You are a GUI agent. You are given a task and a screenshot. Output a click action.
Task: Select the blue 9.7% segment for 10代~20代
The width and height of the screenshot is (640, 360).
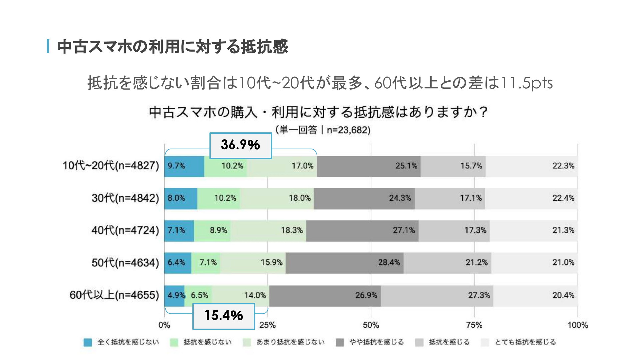[184, 166]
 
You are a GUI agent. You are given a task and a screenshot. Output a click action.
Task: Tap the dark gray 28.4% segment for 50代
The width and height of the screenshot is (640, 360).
[344, 263]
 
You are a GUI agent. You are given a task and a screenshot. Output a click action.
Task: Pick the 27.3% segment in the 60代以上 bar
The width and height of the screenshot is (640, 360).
[437, 295]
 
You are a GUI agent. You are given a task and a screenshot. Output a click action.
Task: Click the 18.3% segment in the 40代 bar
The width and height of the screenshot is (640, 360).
[268, 230]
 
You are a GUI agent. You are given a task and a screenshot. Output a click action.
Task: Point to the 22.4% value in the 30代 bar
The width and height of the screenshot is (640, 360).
[563, 198]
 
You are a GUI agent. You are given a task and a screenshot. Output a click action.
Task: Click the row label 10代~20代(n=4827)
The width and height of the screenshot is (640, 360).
[111, 165]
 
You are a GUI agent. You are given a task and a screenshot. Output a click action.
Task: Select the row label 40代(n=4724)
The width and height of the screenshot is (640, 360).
[125, 230]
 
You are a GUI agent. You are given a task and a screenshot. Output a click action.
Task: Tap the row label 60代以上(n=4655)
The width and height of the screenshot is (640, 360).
[114, 295]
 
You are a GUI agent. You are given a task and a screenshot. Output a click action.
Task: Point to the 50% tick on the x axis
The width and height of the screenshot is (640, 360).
[371, 325]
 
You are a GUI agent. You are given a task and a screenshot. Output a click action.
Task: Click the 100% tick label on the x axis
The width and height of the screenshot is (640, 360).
[578, 325]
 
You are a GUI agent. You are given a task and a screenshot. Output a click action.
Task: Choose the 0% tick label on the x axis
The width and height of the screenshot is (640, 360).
[164, 325]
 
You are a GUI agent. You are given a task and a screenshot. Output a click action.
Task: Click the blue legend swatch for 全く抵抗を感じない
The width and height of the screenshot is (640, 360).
[88, 342]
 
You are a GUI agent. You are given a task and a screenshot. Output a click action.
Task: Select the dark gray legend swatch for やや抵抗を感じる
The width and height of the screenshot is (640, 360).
[340, 342]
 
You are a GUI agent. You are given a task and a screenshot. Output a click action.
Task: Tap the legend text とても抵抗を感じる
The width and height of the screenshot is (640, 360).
[525, 342]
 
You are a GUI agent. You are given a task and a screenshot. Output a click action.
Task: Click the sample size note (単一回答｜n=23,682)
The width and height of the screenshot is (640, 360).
[323, 130]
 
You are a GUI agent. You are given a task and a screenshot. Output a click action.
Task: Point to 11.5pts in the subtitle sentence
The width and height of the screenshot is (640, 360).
[527, 83]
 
